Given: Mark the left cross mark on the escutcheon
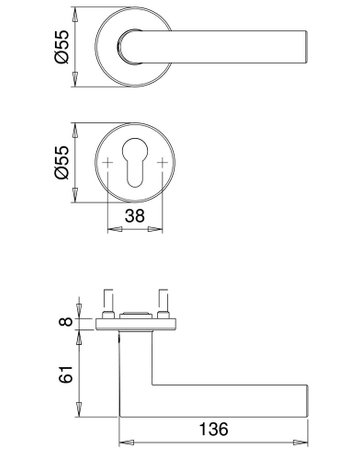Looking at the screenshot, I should point(108,161).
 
